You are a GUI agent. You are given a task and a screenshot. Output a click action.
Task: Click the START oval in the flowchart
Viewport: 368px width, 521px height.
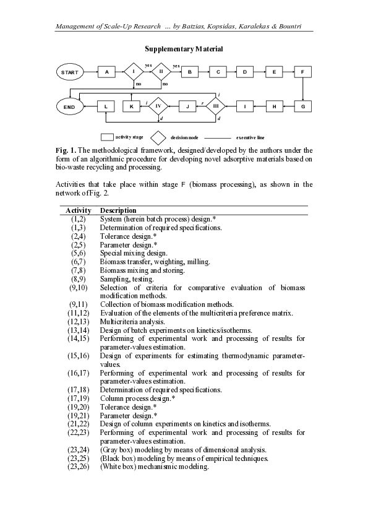(70, 72)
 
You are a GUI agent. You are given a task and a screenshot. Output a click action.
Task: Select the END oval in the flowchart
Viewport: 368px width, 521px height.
(70, 107)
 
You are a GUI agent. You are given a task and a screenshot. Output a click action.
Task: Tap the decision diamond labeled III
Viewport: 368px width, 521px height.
(215, 106)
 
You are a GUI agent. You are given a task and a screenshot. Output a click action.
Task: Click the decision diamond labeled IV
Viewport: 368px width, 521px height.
(158, 106)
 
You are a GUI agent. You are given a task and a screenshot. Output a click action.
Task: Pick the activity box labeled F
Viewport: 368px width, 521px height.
(302, 72)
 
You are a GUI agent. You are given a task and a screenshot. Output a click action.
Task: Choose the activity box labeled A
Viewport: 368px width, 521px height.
(107, 72)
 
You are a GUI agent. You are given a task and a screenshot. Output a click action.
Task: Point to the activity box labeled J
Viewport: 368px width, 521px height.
(187, 107)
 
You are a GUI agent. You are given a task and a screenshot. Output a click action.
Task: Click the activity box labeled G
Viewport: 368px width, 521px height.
(302, 107)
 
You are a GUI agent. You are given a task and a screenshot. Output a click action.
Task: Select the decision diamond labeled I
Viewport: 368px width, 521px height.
(133, 72)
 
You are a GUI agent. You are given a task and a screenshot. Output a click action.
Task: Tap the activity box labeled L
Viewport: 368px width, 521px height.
(107, 107)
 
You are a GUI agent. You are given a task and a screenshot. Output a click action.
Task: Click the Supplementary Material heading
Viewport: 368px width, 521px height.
(184, 48)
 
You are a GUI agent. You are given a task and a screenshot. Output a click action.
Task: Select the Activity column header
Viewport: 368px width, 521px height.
(79, 210)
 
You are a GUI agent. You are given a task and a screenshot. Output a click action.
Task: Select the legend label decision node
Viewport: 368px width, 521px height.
(184, 137)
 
